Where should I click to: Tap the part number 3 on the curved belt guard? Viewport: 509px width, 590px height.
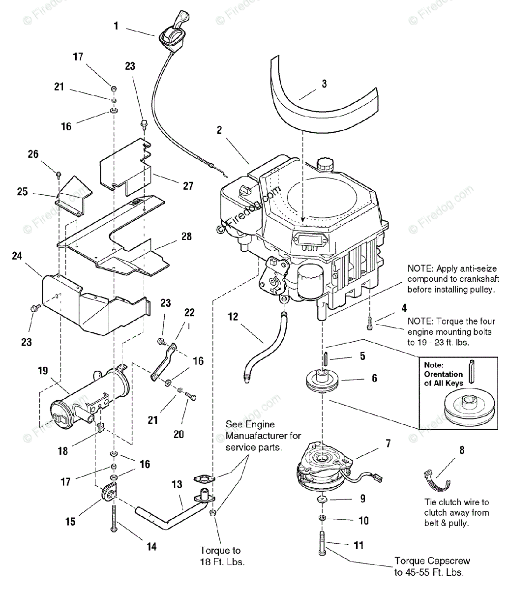tap(324, 84)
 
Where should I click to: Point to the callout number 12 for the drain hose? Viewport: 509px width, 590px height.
tap(233, 317)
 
